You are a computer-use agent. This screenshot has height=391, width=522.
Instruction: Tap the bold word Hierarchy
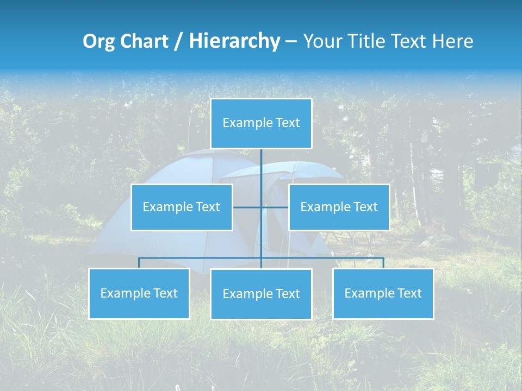[234, 41]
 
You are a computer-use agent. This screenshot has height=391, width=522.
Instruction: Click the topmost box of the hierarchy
[261, 123]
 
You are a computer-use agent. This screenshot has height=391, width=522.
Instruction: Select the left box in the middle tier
[182, 207]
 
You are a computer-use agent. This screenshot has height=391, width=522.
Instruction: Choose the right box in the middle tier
[339, 207]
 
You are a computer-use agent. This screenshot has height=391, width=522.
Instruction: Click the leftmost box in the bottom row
[139, 293]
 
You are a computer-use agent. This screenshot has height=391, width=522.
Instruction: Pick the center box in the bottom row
[261, 294]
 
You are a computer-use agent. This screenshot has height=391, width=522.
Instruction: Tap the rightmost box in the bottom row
[383, 293]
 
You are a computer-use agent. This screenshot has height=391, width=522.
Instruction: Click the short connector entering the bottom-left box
[139, 263]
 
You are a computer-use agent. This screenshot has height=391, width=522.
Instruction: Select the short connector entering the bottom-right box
[383, 263]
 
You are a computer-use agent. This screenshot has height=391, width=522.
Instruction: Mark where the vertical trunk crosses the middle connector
[261, 207]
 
